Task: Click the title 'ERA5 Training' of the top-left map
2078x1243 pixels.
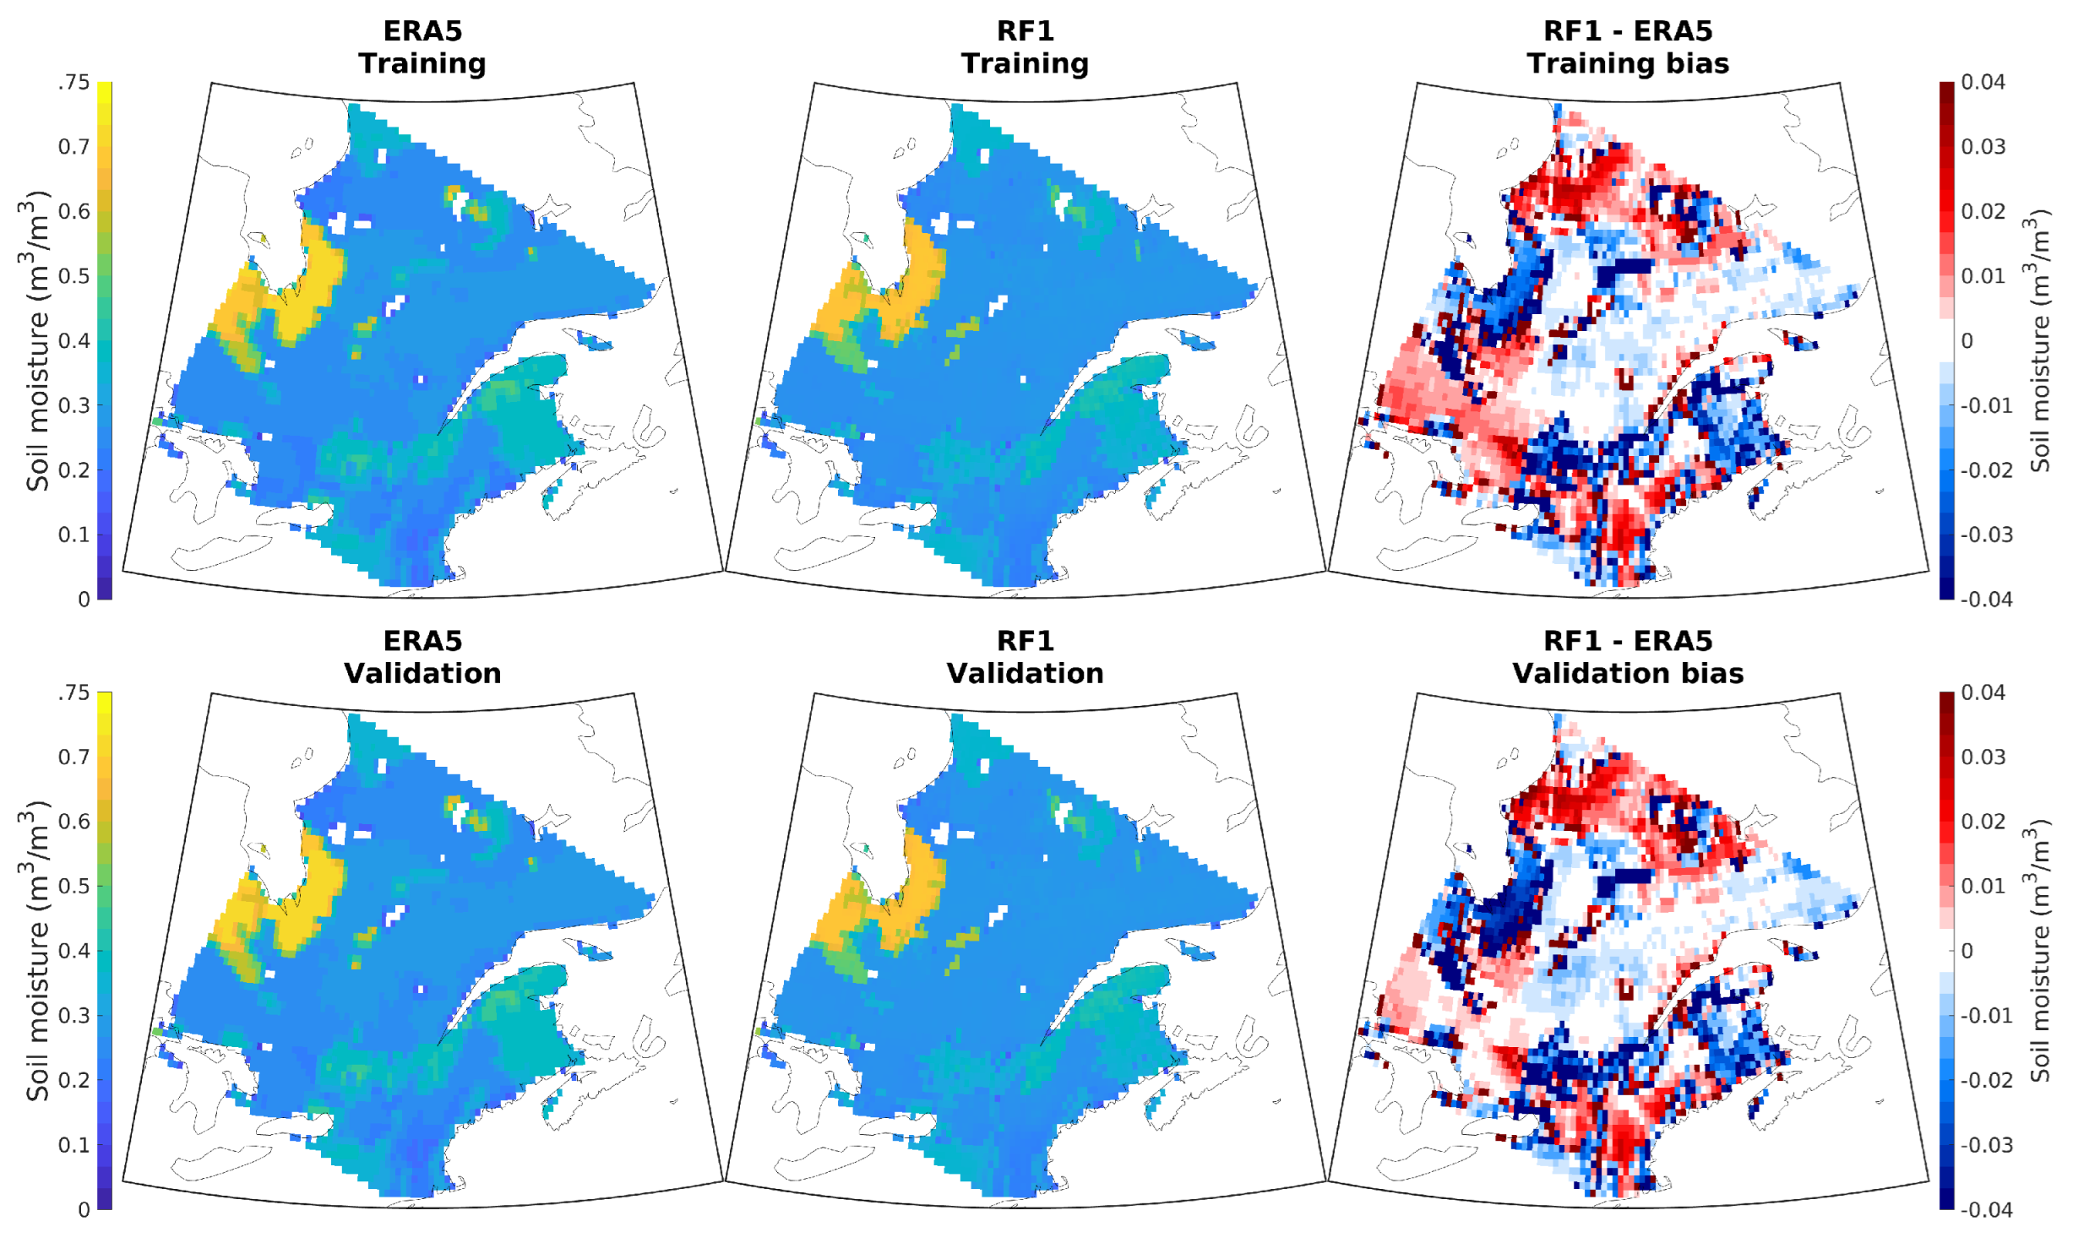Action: (422, 47)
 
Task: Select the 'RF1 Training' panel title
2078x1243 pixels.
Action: (1025, 47)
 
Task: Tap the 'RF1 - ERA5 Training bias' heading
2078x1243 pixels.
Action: (1628, 47)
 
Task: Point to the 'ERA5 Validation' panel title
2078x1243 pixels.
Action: (422, 657)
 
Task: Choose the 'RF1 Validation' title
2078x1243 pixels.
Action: (1025, 657)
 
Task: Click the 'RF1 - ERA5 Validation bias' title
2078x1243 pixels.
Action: (1628, 657)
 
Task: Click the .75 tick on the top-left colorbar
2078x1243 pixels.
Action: (74, 83)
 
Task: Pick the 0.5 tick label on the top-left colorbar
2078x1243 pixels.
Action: (74, 277)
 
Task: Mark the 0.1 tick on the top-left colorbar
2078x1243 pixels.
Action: (74, 535)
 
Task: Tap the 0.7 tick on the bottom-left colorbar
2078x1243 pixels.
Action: (74, 757)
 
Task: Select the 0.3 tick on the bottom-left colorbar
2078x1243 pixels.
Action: (74, 1016)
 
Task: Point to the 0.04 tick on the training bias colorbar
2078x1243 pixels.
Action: (1983, 83)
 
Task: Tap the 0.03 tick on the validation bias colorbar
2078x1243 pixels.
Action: (1983, 757)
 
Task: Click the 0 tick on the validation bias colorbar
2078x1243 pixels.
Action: (1968, 952)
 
